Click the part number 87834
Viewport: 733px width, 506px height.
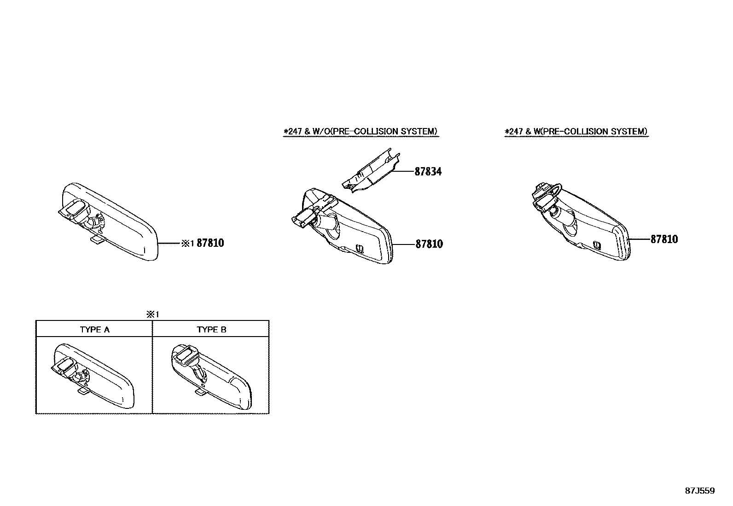click(x=428, y=171)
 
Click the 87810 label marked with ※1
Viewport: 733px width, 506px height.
click(x=210, y=243)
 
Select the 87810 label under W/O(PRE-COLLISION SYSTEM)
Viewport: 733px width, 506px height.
click(x=429, y=244)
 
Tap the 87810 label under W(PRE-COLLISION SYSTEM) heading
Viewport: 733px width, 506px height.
click(x=664, y=239)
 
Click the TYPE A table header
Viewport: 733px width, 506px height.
click(x=94, y=330)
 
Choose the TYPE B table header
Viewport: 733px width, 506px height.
click(x=211, y=330)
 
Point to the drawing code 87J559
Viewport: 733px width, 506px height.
click(x=700, y=491)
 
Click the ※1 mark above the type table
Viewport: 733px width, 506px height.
click(x=152, y=314)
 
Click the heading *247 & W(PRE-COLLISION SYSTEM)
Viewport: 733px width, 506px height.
click(x=576, y=131)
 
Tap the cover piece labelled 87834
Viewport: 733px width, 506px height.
click(x=372, y=171)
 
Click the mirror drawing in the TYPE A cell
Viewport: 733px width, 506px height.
click(x=93, y=376)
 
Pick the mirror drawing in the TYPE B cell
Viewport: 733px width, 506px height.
click(x=211, y=376)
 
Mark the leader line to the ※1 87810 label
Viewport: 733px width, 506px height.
click(x=169, y=243)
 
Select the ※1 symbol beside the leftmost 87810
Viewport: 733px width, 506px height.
click(x=188, y=243)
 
